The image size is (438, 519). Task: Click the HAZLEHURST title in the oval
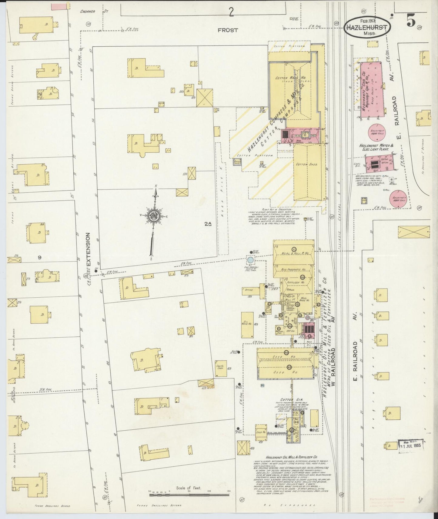[x=367, y=27]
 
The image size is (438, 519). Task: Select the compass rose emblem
[x=153, y=216]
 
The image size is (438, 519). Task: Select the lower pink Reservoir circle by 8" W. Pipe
[x=398, y=199]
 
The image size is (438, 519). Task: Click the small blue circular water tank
[x=250, y=259]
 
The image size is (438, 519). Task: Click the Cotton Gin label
[x=288, y=400]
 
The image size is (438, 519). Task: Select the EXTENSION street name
[x=88, y=249]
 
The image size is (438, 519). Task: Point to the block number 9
[x=39, y=257]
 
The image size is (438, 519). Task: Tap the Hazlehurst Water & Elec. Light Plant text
[x=376, y=147]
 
